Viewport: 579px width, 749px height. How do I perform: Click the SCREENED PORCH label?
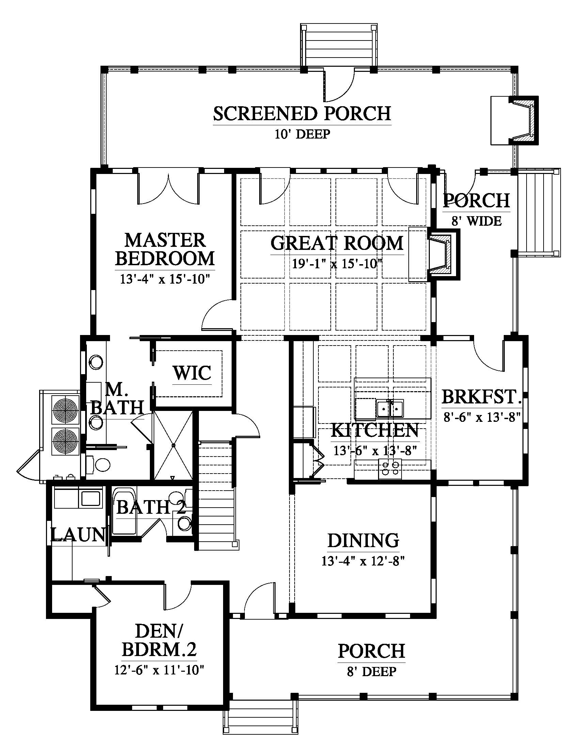click(302, 113)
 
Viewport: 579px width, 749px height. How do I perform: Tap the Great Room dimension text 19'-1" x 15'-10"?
click(337, 264)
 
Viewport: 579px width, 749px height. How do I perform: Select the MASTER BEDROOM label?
click(165, 249)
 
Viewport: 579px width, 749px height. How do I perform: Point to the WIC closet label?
click(192, 373)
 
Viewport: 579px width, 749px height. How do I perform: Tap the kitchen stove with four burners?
click(390, 468)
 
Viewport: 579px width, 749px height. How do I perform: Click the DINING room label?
click(363, 541)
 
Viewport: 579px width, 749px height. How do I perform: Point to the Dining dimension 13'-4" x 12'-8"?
click(363, 561)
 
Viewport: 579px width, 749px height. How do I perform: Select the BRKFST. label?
click(482, 397)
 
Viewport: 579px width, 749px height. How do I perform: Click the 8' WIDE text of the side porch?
click(476, 221)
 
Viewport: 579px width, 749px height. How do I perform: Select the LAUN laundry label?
click(78, 534)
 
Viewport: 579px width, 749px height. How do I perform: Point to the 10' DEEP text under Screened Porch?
click(302, 134)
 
